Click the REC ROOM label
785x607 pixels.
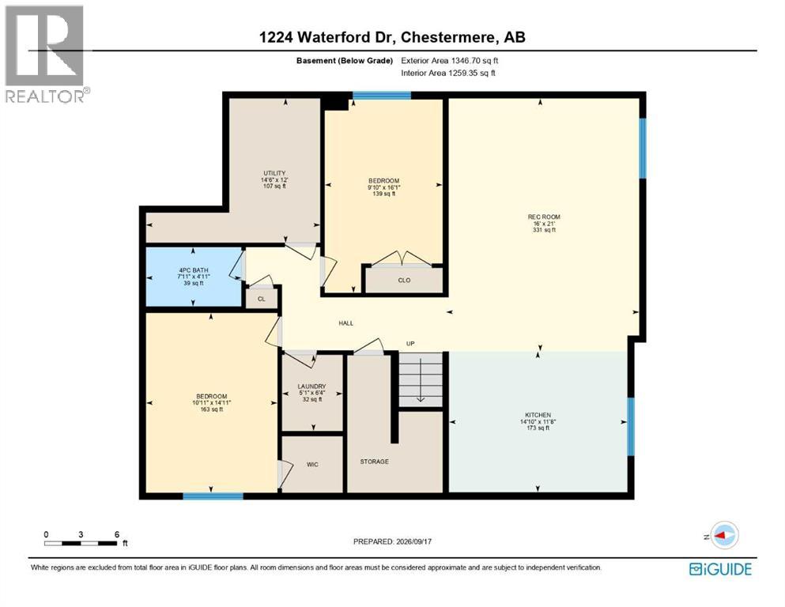[x=544, y=217]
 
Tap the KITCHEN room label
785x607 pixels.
[x=538, y=415]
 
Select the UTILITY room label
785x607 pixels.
[x=274, y=173]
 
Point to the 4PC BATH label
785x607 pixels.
[x=193, y=270]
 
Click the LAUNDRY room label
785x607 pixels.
[x=312, y=386]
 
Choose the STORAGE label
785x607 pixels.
[x=375, y=462]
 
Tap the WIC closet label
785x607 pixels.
[x=312, y=465]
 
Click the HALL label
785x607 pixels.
[x=346, y=323]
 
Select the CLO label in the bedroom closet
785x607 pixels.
[x=404, y=281]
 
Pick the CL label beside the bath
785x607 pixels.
[x=262, y=299]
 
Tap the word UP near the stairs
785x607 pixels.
[x=410, y=344]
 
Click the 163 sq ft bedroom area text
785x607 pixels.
[x=211, y=409]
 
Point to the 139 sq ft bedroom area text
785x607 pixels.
[x=384, y=194]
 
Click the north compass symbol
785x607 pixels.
[x=723, y=535]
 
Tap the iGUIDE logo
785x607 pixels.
[x=720, y=569]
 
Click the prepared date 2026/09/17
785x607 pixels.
[x=413, y=541]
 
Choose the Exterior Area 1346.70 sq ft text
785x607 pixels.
[x=450, y=61]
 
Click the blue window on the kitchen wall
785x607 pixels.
[x=631, y=427]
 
